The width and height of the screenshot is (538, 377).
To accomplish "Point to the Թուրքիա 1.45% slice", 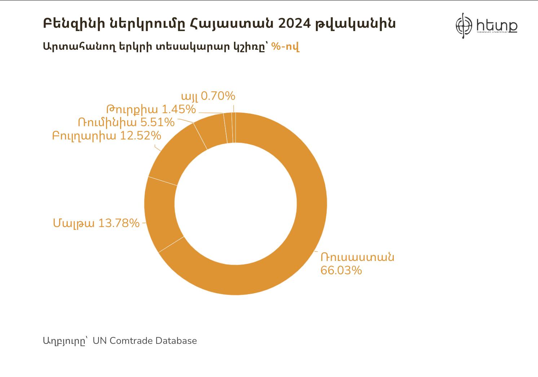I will click(228, 128).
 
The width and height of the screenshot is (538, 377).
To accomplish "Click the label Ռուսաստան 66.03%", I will click(357, 263).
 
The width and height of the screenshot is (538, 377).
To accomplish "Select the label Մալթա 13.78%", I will click(96, 223).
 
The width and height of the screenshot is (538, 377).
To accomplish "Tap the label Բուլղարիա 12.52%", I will click(106, 136).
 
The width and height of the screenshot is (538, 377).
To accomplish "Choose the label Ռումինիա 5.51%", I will click(126, 123).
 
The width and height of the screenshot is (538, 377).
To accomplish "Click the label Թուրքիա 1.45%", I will click(151, 109).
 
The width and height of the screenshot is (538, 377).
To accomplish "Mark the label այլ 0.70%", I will click(208, 96).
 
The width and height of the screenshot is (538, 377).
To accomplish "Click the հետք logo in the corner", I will click(486, 25).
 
